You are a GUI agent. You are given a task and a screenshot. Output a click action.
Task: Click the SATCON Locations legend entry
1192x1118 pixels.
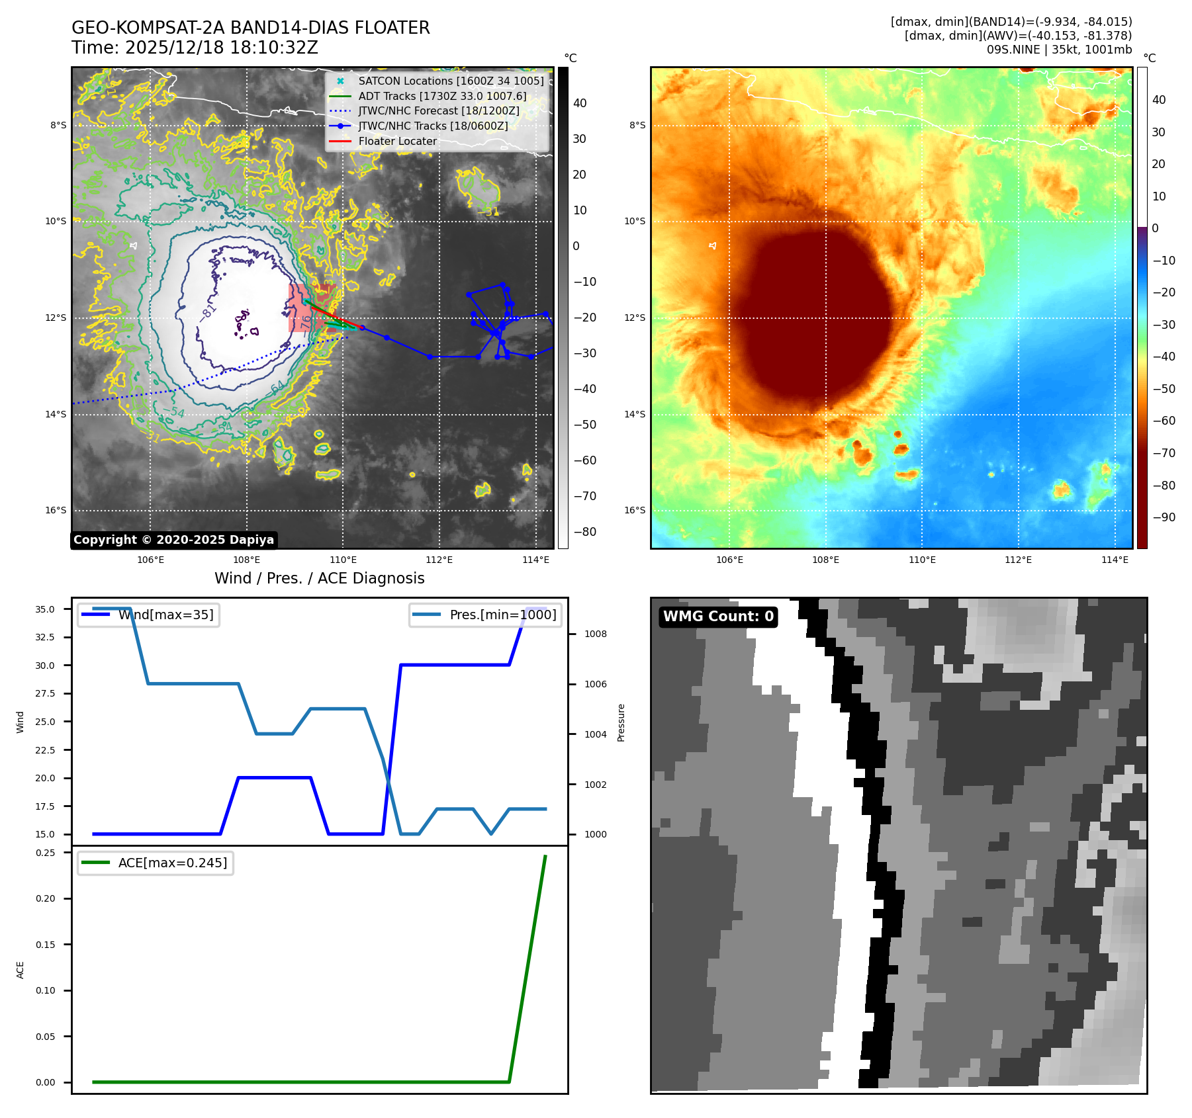click(451, 81)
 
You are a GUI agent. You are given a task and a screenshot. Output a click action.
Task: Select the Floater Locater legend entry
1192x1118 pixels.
click(397, 142)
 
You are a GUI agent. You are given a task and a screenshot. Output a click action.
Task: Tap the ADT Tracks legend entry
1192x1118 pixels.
click(442, 97)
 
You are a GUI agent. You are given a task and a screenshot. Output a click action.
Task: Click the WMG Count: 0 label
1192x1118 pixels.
click(718, 617)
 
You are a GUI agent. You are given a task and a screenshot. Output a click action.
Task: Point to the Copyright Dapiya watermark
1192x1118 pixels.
click(173, 540)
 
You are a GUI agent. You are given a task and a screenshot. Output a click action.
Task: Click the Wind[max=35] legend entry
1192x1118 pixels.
click(165, 615)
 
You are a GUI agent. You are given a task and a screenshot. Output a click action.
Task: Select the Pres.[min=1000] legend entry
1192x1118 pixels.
click(503, 615)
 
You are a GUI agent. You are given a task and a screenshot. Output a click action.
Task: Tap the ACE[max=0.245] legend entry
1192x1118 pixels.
click(172, 863)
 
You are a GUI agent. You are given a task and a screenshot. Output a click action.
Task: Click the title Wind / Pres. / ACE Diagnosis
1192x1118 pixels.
click(320, 578)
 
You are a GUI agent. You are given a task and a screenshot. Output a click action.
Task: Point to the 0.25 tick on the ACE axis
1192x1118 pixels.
click(46, 853)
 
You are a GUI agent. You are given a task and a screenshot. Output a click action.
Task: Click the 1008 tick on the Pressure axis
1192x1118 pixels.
click(596, 634)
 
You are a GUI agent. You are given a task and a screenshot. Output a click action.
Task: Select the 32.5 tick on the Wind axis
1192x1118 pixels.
click(45, 638)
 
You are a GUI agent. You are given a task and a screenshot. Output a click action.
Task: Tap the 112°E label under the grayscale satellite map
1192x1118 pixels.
click(439, 560)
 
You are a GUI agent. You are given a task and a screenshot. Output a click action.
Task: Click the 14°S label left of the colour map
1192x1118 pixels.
click(635, 415)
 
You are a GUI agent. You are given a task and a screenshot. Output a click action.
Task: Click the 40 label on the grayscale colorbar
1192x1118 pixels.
click(580, 103)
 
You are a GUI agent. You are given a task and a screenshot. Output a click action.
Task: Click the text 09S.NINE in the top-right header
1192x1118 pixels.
click(1013, 50)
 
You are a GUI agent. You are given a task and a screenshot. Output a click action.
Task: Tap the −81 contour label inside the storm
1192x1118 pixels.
click(208, 312)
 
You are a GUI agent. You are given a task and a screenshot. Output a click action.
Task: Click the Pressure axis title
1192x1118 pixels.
click(621, 722)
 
